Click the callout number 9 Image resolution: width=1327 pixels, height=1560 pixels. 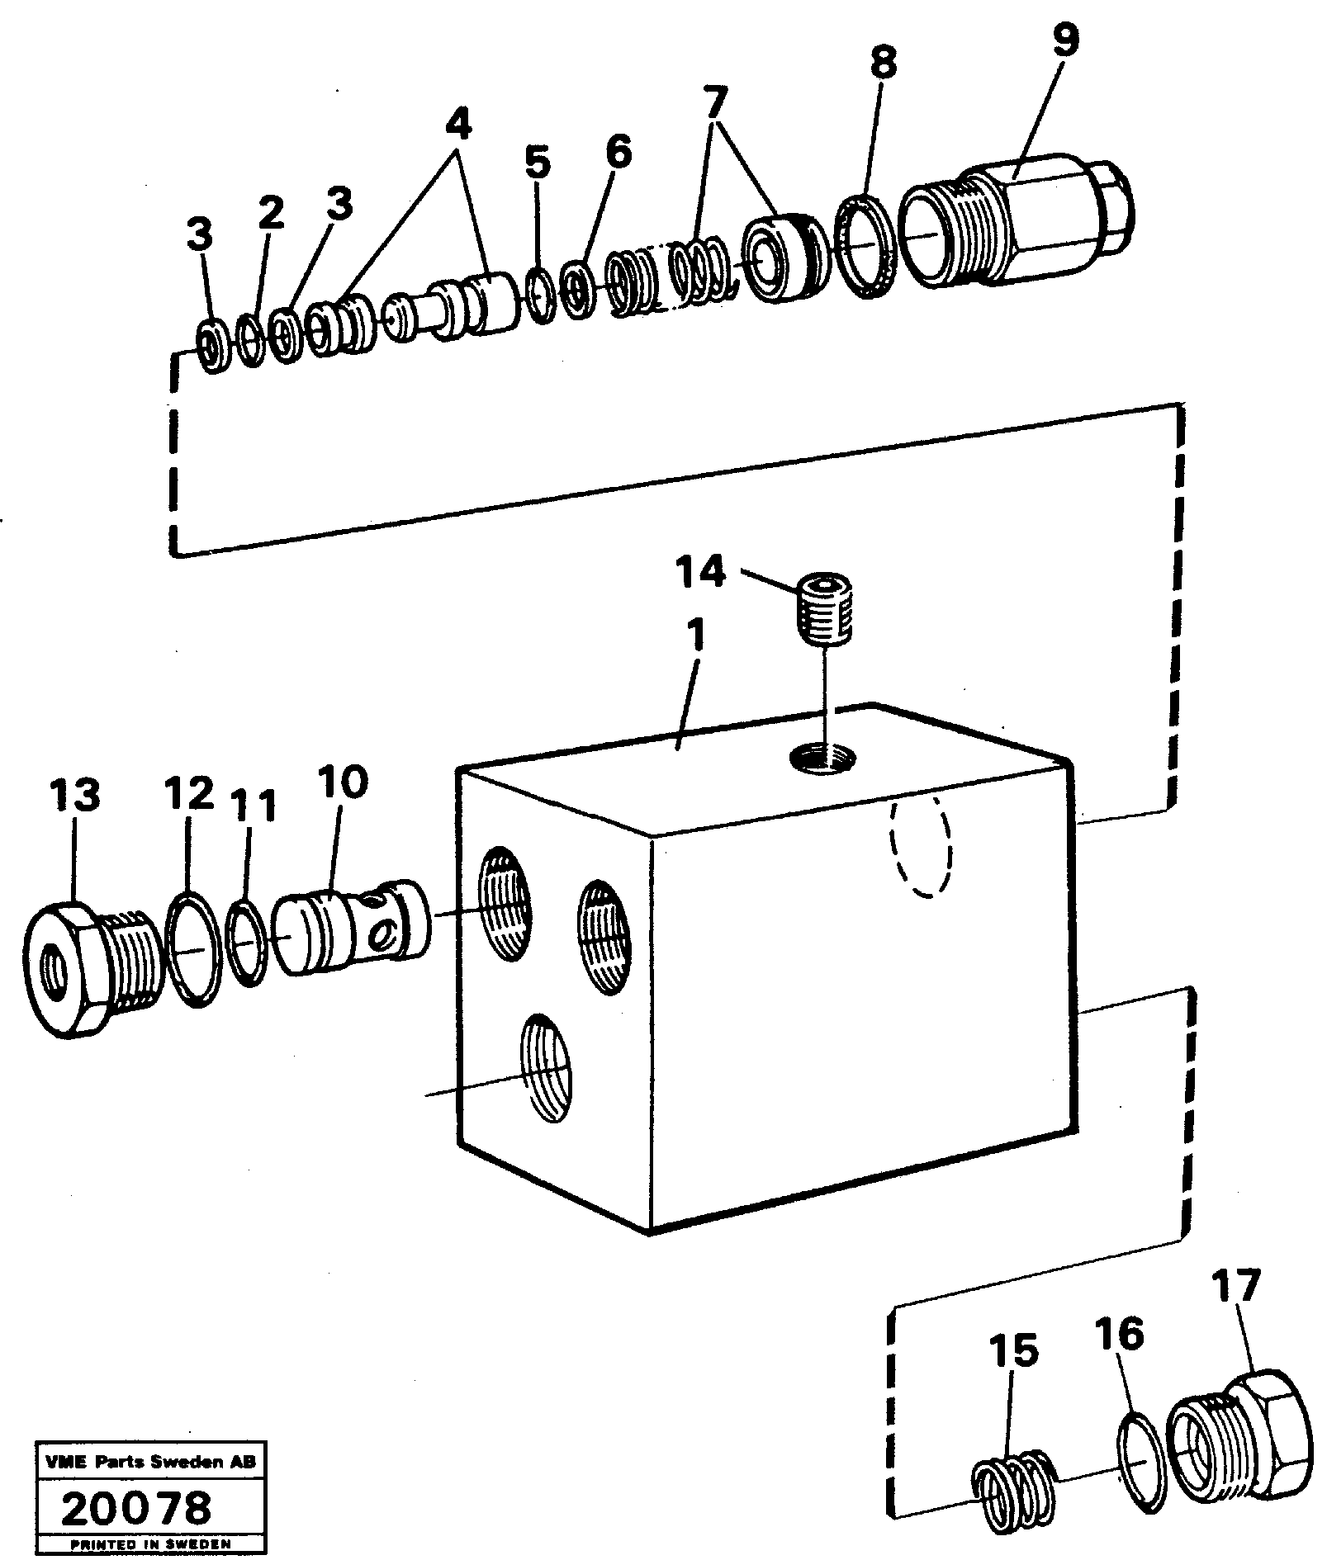1064,40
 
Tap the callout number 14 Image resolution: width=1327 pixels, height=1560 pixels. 700,571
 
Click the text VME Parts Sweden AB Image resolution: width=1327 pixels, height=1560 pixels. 146,1463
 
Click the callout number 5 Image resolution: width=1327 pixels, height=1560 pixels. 537,163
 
